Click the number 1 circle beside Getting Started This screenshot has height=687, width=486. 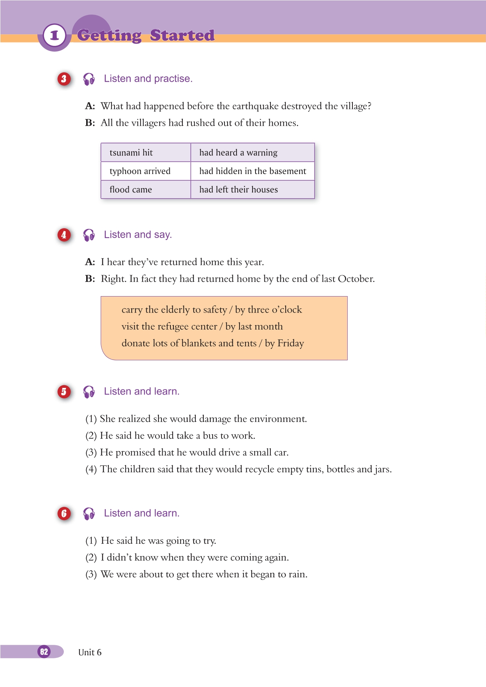coord(54,36)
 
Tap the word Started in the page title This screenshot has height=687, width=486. coord(182,35)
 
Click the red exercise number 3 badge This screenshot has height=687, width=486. coord(64,79)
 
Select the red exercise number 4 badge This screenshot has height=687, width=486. coord(64,235)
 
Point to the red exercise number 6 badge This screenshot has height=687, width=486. coord(64,513)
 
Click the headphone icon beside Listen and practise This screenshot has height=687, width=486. coord(89,79)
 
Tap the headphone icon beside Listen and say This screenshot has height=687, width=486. coord(89,235)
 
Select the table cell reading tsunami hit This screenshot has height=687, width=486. coord(145,153)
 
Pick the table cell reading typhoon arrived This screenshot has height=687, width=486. coord(145,171)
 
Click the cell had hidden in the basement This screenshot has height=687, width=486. coord(253,171)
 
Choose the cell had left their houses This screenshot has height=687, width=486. coord(253,189)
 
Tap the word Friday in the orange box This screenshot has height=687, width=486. coord(291,343)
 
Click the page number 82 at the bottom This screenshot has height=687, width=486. coord(44,652)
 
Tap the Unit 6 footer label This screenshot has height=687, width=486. coord(90,652)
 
